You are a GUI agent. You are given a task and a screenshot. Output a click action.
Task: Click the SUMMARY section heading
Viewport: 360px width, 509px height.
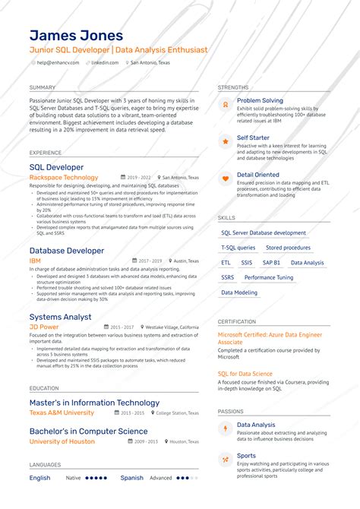43,87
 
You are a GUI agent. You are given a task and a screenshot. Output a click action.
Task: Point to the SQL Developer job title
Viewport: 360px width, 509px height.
56,167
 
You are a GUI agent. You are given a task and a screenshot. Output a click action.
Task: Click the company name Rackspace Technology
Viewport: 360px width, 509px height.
64,177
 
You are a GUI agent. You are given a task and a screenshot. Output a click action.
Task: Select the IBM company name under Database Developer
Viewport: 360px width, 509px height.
35,261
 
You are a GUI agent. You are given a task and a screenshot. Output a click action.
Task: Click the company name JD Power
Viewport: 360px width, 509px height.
44,327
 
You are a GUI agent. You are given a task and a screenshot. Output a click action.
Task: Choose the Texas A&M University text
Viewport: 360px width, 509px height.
62,413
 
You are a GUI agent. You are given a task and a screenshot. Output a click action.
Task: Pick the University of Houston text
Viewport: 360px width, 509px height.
62,441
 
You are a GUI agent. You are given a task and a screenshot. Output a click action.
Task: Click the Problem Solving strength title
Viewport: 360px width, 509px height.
260,100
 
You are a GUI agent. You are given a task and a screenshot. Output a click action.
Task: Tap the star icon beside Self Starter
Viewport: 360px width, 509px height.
225,141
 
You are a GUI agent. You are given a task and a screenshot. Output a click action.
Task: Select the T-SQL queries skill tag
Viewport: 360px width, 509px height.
238,248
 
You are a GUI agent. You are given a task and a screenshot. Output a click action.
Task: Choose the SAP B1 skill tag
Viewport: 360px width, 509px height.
271,262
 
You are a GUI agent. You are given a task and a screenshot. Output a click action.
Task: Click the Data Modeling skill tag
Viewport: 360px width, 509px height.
239,292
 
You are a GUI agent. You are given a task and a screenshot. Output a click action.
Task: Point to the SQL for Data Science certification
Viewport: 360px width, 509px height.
245,374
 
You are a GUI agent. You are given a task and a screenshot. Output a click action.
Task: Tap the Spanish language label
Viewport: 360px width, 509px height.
131,478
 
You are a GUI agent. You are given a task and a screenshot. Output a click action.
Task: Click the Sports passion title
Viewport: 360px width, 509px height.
246,456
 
